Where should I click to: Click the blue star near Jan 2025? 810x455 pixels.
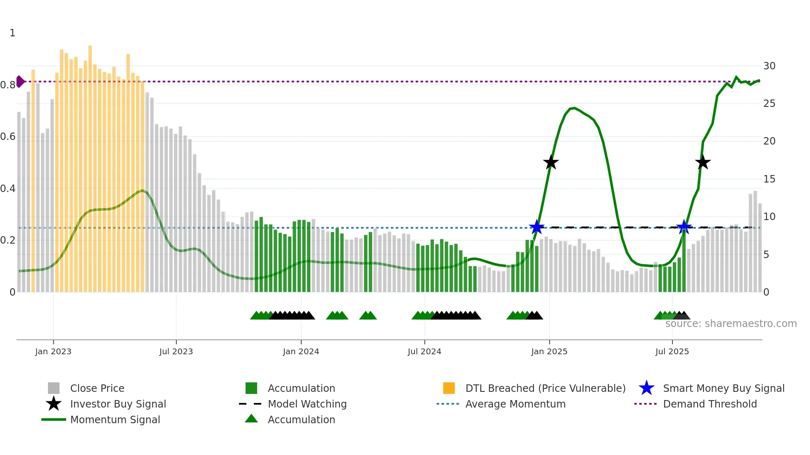tap(537, 227)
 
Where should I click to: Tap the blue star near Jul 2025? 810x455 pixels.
tap(684, 227)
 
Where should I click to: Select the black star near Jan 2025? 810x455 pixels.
tap(550, 163)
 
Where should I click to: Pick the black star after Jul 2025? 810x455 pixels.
tap(703, 163)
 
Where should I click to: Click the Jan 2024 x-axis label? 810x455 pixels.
tap(301, 351)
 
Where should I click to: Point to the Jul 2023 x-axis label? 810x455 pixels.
tap(176, 351)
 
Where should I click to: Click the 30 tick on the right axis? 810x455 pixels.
tap(769, 66)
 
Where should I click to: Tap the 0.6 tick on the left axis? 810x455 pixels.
tap(8, 137)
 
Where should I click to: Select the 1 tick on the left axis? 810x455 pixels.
tap(12, 33)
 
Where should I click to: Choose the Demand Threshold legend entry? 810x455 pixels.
tap(710, 404)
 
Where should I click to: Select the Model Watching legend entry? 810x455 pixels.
tap(307, 404)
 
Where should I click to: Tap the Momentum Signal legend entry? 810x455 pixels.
tap(115, 419)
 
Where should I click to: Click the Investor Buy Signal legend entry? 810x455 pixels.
tap(118, 404)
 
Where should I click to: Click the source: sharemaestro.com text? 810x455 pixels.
tap(731, 324)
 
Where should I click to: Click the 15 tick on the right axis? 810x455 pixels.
tap(769, 179)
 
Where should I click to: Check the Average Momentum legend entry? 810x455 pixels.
tap(515, 404)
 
